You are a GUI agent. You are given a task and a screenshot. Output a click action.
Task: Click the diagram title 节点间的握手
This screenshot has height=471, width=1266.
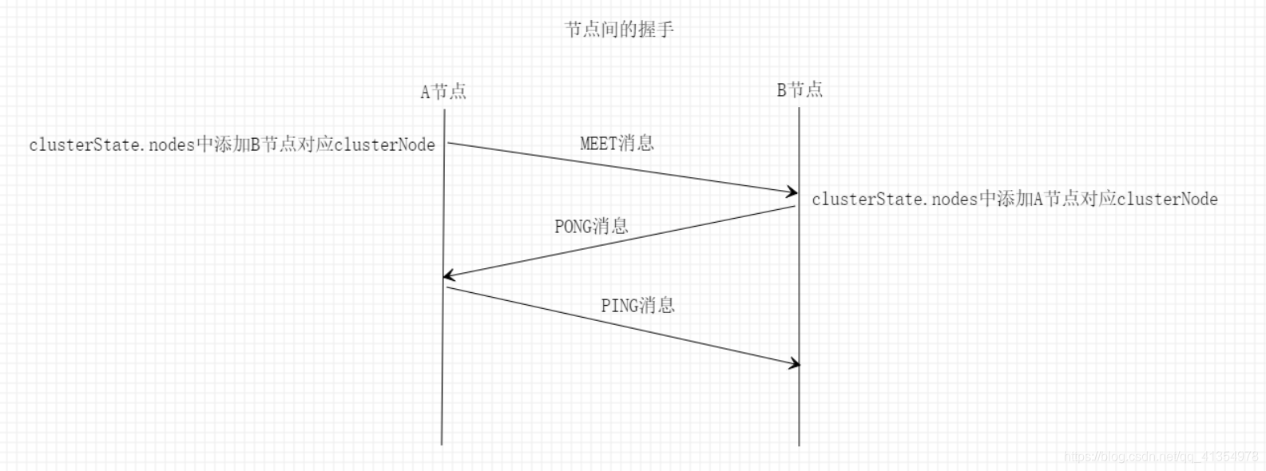(x=619, y=30)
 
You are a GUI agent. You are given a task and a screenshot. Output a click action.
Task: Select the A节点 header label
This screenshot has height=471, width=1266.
(x=443, y=92)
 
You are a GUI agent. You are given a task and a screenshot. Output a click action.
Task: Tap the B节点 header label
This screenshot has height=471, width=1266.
(x=800, y=90)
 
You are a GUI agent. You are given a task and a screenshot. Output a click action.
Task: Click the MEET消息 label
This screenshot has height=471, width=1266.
(x=617, y=144)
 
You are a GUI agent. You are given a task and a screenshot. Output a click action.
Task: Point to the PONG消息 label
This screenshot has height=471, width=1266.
(x=591, y=227)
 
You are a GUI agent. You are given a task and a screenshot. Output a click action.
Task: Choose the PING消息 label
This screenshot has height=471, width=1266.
(x=637, y=306)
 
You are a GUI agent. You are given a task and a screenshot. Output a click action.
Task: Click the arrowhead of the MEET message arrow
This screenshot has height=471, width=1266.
(x=794, y=192)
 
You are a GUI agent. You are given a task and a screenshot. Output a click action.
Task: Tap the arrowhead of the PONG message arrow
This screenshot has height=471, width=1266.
(x=448, y=275)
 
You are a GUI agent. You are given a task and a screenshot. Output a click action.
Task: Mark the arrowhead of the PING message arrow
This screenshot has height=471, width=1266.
(x=795, y=364)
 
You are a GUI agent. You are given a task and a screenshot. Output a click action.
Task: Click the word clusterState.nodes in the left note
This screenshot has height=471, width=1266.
(x=112, y=145)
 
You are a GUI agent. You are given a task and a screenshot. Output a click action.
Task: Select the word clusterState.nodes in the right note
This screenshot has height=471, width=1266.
(x=895, y=200)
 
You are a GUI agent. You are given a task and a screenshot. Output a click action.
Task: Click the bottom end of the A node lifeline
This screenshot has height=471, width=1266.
(x=442, y=443)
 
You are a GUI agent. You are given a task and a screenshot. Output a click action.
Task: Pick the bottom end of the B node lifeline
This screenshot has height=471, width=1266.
(x=799, y=444)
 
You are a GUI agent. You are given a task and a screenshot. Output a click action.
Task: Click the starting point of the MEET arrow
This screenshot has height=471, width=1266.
(x=449, y=143)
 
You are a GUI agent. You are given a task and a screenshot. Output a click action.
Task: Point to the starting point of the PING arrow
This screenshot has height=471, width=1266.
(x=448, y=287)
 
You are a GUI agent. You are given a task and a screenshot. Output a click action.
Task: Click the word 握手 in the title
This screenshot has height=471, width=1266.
(x=656, y=30)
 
